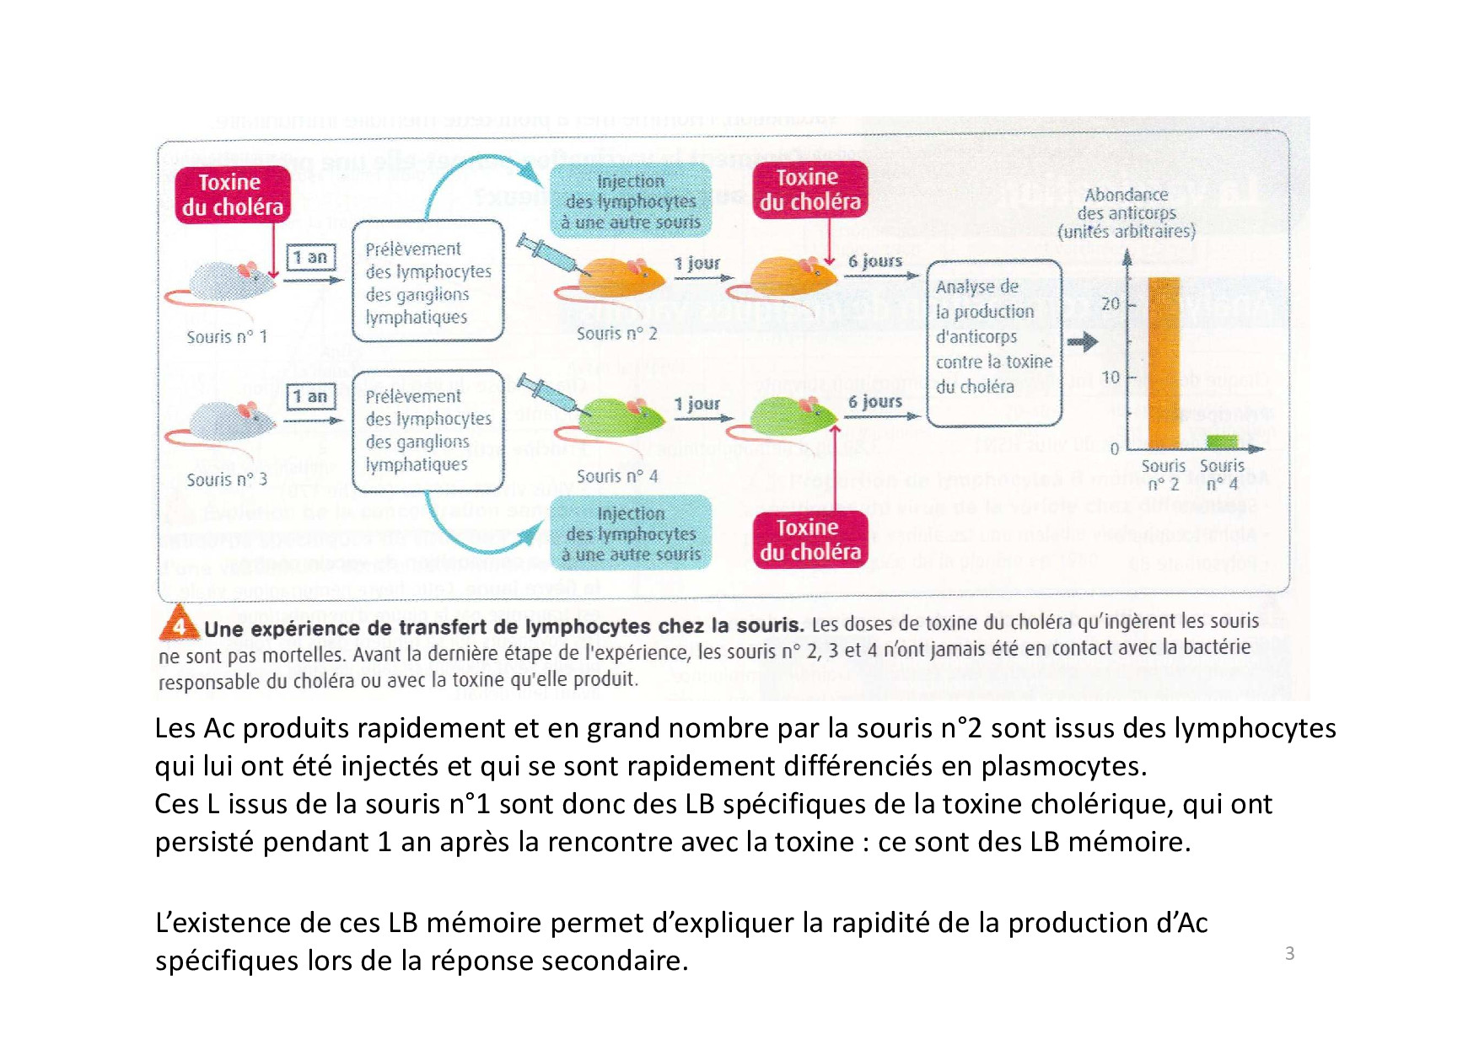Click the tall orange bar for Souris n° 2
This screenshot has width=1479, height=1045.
point(1164,362)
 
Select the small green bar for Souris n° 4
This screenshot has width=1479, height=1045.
point(1222,442)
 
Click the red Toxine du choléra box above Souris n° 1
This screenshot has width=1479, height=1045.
point(232,195)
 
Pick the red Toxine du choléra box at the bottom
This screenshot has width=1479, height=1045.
point(809,539)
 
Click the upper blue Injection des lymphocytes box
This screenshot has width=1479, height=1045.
point(631,201)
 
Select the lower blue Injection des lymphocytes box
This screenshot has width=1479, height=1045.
point(631,533)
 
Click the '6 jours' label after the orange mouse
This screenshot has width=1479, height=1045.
point(874,261)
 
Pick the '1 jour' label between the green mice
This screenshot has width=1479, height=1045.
point(696,405)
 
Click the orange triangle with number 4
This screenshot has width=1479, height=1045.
point(179,624)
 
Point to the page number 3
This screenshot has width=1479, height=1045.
point(1289,953)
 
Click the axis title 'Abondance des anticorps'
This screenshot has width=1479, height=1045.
point(1127,212)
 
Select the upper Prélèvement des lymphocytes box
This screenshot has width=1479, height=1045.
point(428,281)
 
